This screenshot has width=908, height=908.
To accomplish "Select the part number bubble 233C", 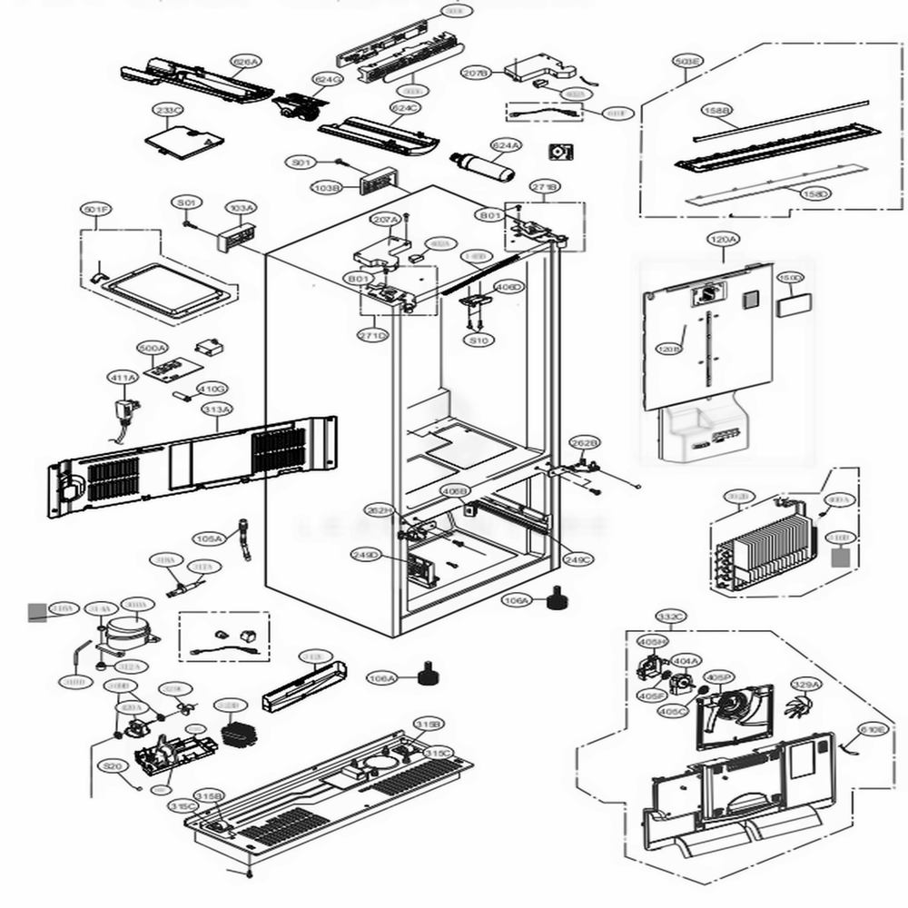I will (x=169, y=111).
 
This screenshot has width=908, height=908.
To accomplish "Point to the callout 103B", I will (x=326, y=188).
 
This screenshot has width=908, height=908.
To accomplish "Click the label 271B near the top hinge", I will (x=546, y=186).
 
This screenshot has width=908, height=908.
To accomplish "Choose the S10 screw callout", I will (x=478, y=340).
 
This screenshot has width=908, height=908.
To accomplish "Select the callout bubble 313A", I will (x=217, y=410).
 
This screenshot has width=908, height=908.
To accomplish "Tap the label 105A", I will (x=209, y=538).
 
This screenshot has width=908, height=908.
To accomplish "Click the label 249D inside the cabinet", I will (x=366, y=554).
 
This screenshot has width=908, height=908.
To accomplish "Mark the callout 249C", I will (x=577, y=559).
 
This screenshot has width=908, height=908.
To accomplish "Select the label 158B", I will (x=716, y=110).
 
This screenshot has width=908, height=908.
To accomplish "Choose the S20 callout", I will (x=113, y=767).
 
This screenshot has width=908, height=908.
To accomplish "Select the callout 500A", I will (x=153, y=349).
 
